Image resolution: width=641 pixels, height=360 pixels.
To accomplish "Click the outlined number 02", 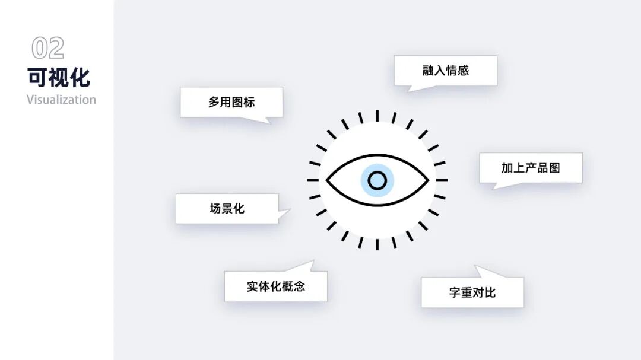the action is point(47,49).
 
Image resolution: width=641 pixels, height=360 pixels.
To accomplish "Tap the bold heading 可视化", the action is point(59,78).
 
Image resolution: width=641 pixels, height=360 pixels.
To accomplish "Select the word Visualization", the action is point(61,100).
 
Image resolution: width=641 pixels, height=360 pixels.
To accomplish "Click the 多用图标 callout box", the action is point(231,102).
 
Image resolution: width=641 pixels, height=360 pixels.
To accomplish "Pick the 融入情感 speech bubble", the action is point(446,71).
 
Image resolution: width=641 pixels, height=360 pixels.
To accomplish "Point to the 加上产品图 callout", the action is point(531,168).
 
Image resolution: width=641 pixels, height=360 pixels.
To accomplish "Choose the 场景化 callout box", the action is point(227,209).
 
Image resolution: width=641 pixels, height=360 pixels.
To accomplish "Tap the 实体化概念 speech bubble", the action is point(276,286).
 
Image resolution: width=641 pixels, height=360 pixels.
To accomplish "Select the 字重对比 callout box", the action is point(472,292).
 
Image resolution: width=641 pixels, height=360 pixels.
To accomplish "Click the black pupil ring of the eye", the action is point(377,180).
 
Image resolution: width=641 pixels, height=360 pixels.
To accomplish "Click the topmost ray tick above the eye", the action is point(377,116).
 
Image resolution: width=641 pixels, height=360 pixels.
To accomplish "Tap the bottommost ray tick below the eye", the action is point(377,244).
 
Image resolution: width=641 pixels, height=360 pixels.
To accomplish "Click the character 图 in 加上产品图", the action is point(554,168).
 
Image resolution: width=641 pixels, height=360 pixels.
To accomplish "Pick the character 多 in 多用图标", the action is point(214,102).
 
